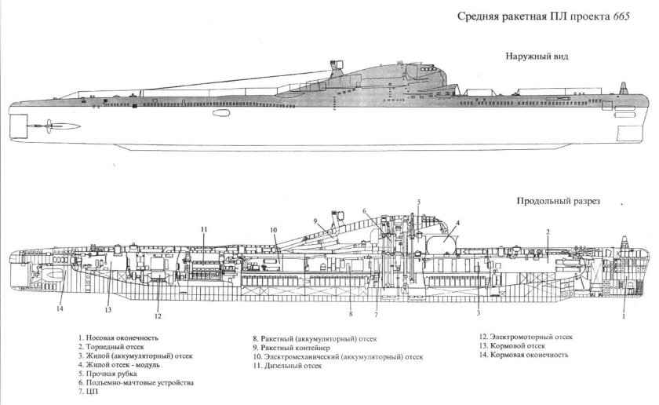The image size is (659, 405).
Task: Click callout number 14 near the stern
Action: [60, 308]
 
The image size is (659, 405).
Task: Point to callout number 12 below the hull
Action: [158, 317]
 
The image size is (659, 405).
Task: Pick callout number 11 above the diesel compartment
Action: [203, 229]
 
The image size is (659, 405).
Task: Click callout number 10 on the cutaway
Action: [274, 231]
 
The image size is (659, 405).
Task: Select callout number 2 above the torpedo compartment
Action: [548, 232]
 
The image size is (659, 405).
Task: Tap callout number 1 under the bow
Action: [624, 318]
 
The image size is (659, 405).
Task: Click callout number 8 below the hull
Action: [351, 314]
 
